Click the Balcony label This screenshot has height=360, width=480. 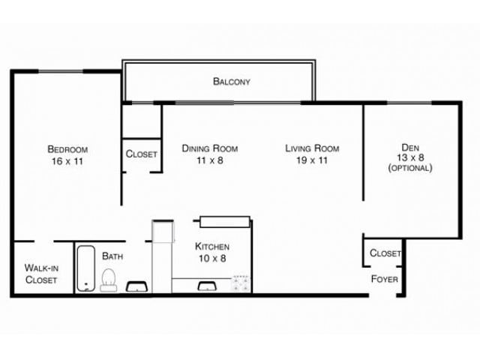pos(231,81)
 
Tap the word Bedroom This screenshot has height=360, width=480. pos(67,148)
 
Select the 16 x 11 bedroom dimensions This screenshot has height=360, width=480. pos(67,160)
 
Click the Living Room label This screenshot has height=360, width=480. pos(312,148)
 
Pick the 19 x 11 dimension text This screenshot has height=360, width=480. pos(312,160)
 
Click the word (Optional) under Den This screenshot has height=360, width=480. pos(409,168)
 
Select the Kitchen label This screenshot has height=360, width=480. pos(212,247)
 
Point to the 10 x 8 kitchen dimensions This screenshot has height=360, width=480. pos(212,259)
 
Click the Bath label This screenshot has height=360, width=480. pos(112,256)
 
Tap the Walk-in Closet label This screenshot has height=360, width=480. pos(42,273)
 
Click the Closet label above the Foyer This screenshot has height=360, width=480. pos(385,253)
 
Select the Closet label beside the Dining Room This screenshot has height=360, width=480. pos(141,154)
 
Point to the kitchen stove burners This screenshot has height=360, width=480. pos(241,283)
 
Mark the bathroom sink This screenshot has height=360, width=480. pos(136,286)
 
